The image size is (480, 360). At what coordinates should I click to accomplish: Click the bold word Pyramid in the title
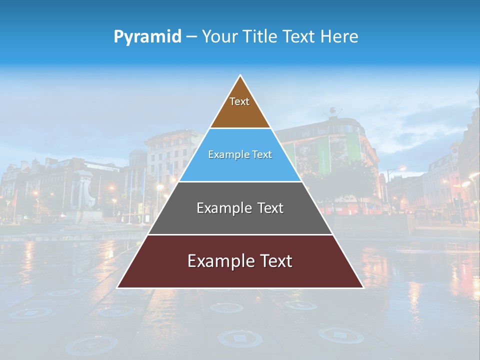147,37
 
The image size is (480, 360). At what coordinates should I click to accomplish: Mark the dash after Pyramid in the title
191,37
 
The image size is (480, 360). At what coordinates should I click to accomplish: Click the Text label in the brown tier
239,101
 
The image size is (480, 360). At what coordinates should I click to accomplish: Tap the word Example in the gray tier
223,208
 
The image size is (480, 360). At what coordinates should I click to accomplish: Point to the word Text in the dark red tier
275,261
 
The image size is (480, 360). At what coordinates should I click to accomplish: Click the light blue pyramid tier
240,167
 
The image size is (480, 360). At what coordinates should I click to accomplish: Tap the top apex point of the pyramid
240,75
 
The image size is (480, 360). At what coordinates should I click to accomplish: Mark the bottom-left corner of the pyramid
117,287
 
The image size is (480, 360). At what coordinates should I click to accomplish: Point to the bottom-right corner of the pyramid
363,287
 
